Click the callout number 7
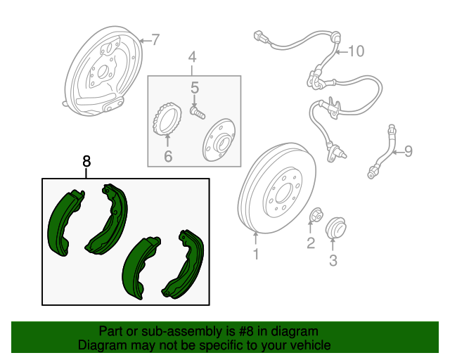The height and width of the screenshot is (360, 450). click(x=155, y=39)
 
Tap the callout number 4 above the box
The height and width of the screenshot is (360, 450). click(x=192, y=57)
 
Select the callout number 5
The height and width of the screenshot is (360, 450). click(x=195, y=88)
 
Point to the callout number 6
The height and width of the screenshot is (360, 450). click(x=168, y=156)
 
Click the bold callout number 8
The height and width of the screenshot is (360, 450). click(x=86, y=161)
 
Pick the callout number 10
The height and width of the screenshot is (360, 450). click(x=356, y=51)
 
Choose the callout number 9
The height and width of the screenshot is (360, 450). click(x=409, y=151)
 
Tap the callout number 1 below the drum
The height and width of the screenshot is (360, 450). click(x=256, y=254)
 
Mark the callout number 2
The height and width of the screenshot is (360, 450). click(x=311, y=243)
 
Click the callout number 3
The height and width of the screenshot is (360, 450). click(x=333, y=260)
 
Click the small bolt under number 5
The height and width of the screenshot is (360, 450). click(x=198, y=112)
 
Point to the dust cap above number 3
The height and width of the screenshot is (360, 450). click(x=336, y=228)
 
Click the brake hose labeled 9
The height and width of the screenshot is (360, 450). click(x=382, y=152)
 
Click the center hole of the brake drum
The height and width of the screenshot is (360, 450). click(x=283, y=193)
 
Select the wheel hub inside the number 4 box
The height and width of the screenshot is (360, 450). click(x=219, y=140)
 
